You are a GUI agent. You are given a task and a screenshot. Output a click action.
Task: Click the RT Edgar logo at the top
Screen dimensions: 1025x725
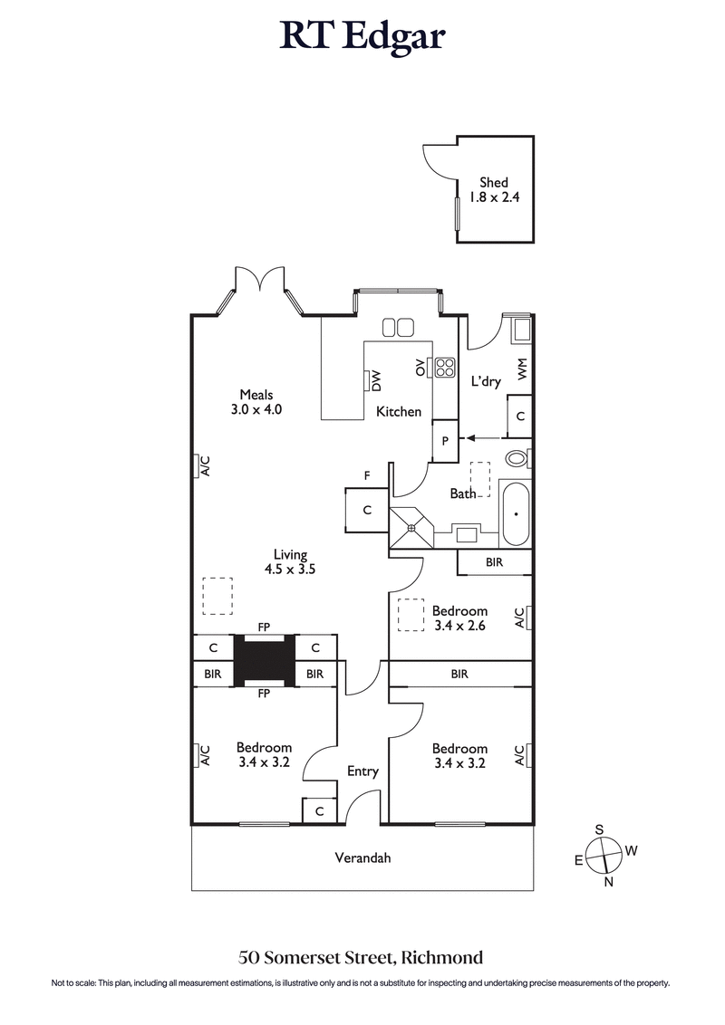click(x=362, y=37)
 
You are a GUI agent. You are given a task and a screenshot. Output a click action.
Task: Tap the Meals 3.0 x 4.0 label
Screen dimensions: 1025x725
click(x=256, y=401)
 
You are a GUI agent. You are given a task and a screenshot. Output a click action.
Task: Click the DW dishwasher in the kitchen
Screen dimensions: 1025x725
click(x=373, y=381)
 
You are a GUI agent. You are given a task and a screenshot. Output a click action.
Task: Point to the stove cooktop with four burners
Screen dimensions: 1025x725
click(x=445, y=367)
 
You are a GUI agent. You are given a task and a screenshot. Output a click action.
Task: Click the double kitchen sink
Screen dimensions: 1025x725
click(x=397, y=327)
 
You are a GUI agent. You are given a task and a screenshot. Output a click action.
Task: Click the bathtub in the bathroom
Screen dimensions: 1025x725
click(x=516, y=513)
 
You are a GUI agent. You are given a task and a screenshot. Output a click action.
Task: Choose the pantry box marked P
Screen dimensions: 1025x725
click(x=445, y=441)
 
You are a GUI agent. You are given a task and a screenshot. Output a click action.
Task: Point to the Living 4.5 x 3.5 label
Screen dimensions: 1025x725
click(x=291, y=562)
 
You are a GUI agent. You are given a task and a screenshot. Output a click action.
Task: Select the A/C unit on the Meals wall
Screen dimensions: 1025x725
click(x=203, y=465)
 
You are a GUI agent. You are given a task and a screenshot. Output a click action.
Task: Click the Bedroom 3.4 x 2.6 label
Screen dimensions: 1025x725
click(x=459, y=618)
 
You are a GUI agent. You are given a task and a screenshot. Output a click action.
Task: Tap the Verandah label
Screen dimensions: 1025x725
click(x=362, y=857)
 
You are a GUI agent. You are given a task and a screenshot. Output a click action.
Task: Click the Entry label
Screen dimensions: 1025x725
click(x=362, y=771)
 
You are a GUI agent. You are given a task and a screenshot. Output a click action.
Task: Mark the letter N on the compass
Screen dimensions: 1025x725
click(x=608, y=883)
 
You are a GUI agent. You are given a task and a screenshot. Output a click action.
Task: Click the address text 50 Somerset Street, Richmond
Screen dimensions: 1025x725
click(x=361, y=956)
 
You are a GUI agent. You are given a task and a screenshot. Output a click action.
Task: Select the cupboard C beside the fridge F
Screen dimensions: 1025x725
click(x=367, y=510)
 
